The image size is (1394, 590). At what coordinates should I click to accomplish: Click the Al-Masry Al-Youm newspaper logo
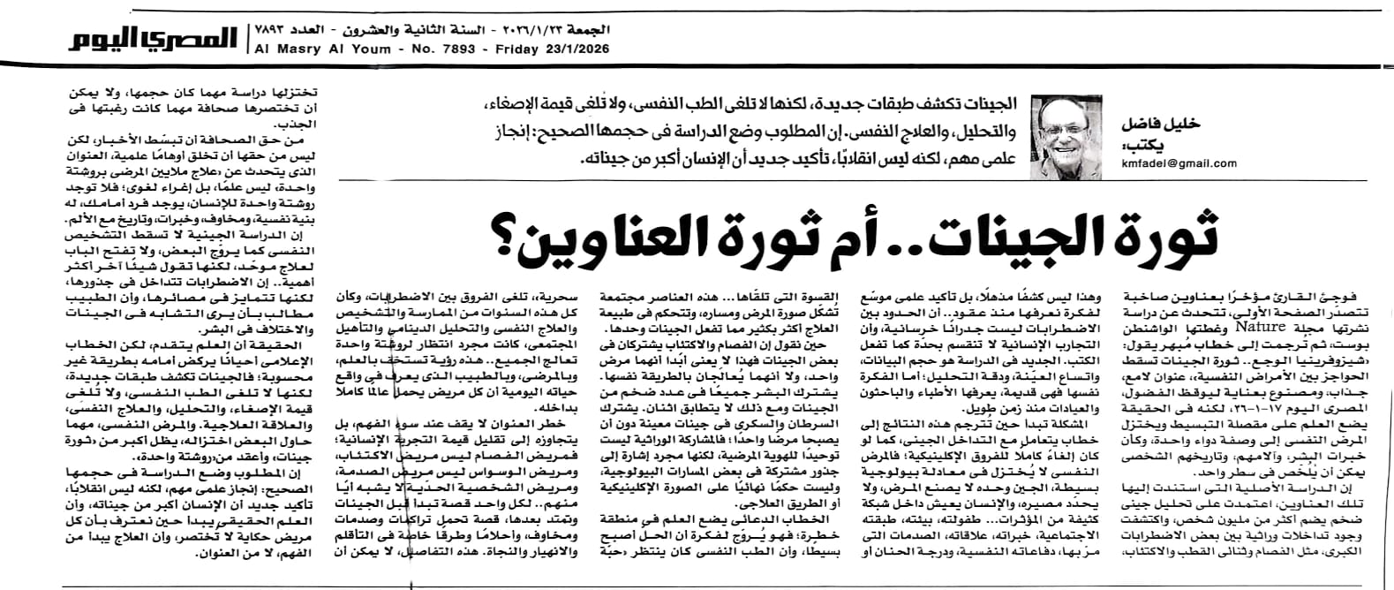(154, 38)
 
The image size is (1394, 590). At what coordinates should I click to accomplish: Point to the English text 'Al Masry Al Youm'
(305, 49)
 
